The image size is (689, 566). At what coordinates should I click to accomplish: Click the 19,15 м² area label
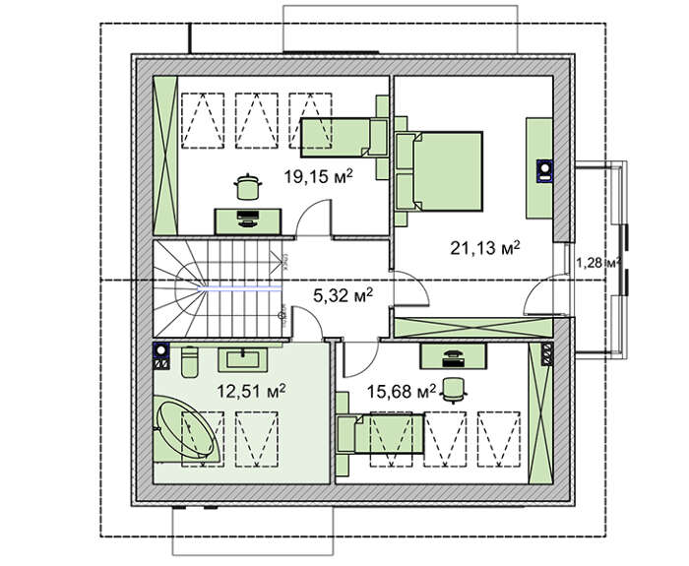coord(318,176)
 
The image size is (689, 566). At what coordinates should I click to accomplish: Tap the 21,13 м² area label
coord(485,248)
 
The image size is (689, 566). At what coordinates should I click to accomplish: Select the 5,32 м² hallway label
coord(343,295)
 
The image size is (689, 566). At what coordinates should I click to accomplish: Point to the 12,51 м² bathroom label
coord(251,390)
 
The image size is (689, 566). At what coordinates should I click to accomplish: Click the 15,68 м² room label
coord(402,391)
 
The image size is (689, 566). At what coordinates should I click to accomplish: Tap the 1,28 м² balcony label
coord(598,263)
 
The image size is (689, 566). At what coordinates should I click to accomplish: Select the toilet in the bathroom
coord(190,361)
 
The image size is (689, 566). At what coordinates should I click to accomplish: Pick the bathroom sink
coord(243,357)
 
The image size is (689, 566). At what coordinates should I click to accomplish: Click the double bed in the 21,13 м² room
coord(439,171)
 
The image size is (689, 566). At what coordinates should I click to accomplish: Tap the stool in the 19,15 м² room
coord(248,187)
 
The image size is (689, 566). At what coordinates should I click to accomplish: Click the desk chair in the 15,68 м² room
coord(454,390)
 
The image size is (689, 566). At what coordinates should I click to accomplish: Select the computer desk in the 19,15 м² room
coord(248,221)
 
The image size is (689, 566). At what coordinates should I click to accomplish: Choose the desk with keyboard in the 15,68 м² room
coord(454,356)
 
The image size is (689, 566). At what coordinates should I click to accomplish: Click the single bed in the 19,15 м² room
coord(344,138)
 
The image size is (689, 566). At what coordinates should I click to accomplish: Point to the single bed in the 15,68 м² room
coord(380,434)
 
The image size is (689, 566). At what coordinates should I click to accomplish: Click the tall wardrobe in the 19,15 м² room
coord(165,156)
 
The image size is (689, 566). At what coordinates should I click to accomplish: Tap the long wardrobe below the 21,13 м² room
coord(473,328)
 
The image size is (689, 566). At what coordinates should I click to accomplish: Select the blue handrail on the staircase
coord(239,288)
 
